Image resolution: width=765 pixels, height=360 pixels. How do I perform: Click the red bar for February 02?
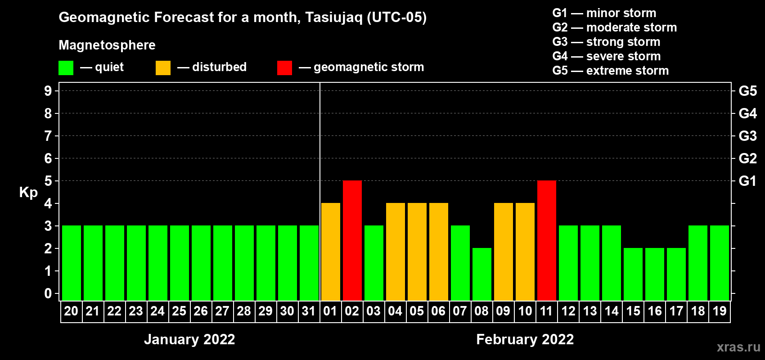352,240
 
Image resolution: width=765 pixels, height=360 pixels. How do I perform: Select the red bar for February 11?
547,240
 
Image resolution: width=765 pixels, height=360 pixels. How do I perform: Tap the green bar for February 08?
482,274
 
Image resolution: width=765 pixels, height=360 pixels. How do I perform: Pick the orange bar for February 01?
331,252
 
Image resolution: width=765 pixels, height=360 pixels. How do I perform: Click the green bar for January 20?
72,263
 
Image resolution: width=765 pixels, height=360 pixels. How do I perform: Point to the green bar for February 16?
655,274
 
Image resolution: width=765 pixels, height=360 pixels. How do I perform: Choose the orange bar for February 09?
504,252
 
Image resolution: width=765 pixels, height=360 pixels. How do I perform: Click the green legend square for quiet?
66,67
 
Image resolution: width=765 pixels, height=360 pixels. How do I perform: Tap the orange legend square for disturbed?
163,67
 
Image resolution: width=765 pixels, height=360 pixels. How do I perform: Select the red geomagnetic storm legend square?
284,67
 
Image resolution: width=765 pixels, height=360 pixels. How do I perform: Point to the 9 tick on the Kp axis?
48,91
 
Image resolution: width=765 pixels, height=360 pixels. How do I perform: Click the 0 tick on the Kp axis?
48,293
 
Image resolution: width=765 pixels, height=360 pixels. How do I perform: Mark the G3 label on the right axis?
748,136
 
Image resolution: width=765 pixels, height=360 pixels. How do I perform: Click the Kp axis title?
28,193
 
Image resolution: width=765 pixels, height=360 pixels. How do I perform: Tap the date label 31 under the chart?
308,311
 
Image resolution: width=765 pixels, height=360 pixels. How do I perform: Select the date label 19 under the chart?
720,311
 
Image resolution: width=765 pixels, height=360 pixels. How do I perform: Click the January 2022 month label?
189,339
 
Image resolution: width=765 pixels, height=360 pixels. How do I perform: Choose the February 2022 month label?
525,339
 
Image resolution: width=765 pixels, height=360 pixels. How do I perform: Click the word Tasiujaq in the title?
333,18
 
